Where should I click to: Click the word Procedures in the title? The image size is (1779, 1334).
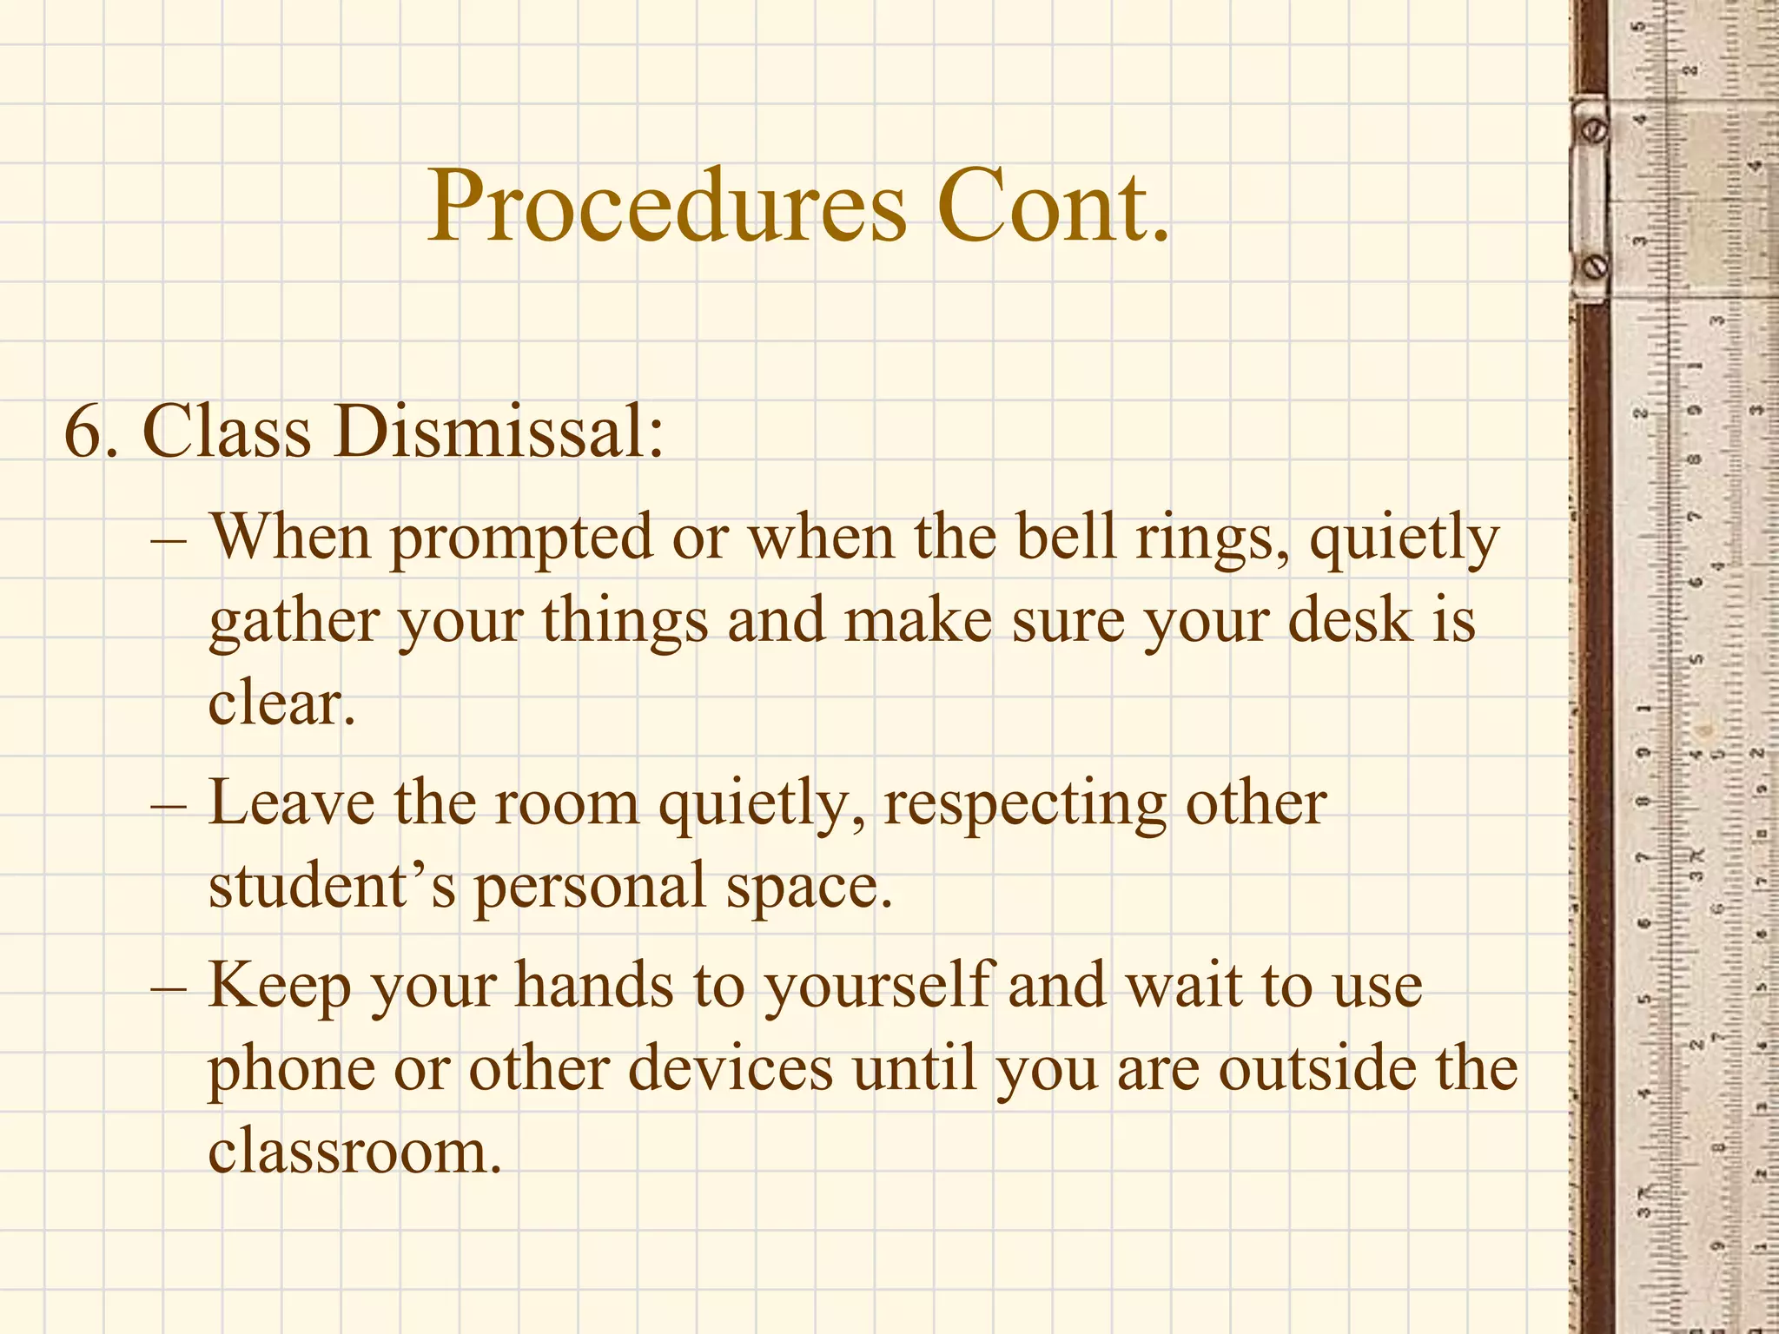click(x=667, y=207)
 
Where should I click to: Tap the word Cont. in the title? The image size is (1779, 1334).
click(x=1053, y=207)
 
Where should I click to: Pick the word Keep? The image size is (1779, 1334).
click(x=279, y=987)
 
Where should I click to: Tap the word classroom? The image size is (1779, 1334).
click(x=354, y=1151)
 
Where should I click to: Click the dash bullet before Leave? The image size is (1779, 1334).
click(x=169, y=804)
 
